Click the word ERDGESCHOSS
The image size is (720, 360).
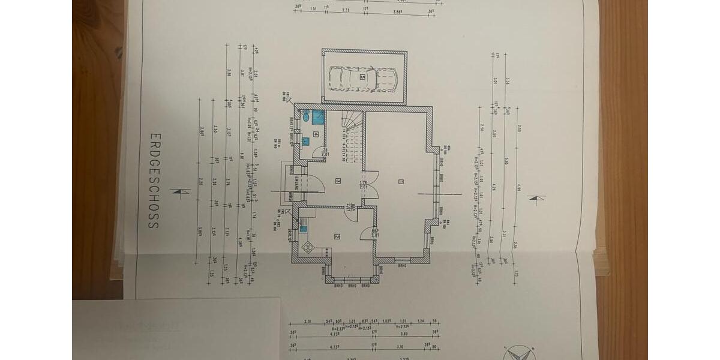[x=153, y=181]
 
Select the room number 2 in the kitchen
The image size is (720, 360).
[x=337, y=236]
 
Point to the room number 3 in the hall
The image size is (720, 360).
[x=338, y=181]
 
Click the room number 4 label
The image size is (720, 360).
[x=315, y=134]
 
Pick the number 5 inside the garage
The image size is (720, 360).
[x=362, y=77]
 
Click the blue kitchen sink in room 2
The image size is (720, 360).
[x=304, y=228]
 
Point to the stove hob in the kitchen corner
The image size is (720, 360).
[x=308, y=247]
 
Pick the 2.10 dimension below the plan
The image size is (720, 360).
[x=308, y=322]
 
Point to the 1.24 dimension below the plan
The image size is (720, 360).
[x=421, y=322]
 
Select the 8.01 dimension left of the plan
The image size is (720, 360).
[x=242, y=157]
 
